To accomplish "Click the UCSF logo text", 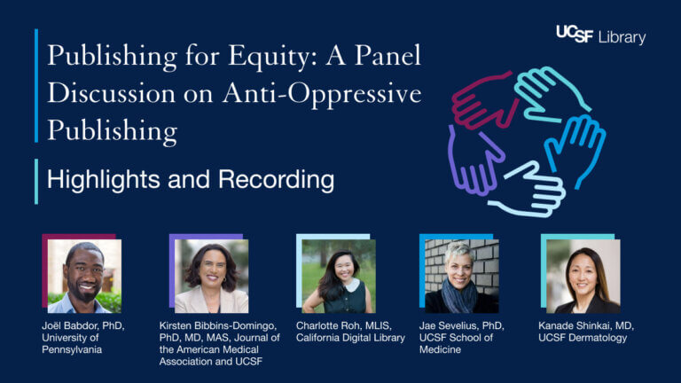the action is pos(575,34).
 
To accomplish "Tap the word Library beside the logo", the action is pos(622,37).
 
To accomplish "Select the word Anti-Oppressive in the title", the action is pos(322,94).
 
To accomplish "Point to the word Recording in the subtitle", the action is pos(277,180).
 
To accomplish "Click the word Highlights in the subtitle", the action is pos(104,180).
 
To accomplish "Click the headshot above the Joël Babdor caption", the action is pos(85,277).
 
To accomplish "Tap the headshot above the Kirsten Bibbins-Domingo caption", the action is pos(212,277).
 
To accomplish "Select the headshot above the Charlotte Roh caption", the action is pos(339,277).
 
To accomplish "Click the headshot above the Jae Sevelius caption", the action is pos(462,277).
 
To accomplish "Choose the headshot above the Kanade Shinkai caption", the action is pos(583,277).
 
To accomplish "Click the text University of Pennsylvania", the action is pos(72,343).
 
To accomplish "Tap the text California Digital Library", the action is pos(350,338).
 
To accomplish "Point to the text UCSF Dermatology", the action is pos(583,338).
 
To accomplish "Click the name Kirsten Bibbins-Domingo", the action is pos(218,325).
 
